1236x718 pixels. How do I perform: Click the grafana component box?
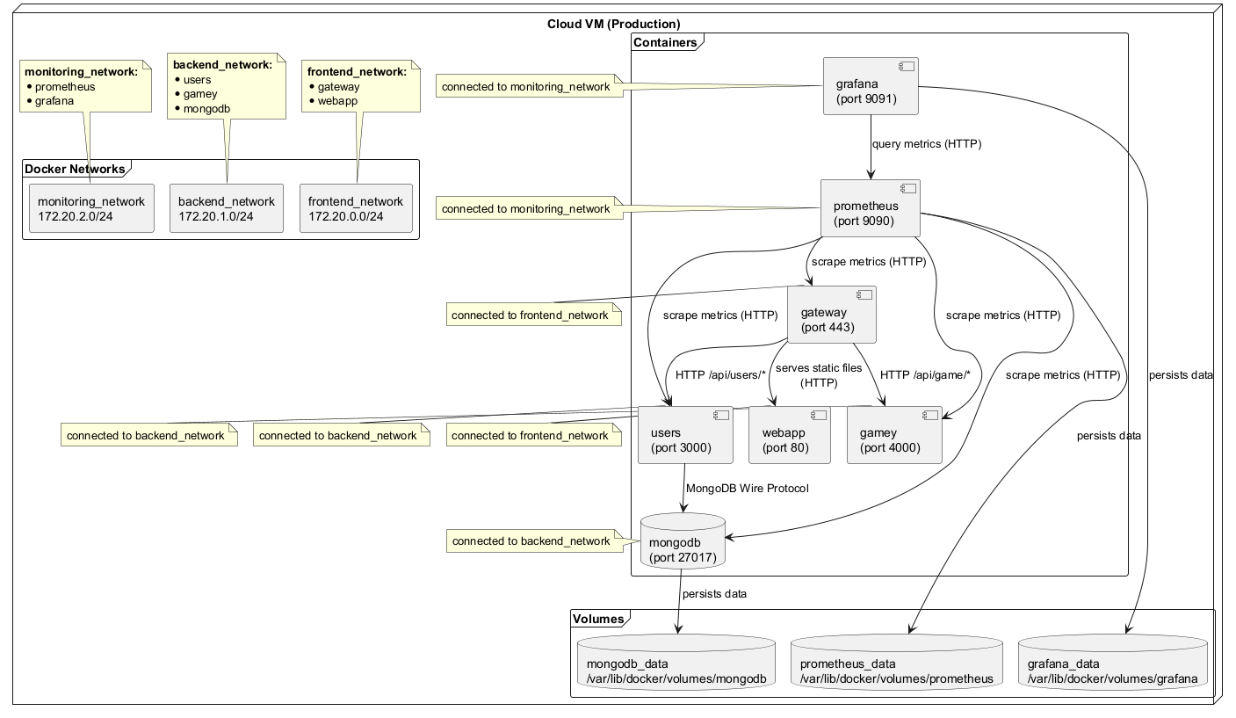tap(871, 86)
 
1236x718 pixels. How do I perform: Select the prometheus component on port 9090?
tap(870, 208)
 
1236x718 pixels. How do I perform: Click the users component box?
tap(686, 435)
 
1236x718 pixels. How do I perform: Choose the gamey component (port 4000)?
tap(894, 435)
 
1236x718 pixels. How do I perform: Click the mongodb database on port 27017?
tap(683, 541)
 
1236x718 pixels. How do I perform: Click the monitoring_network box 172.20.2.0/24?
tap(90, 208)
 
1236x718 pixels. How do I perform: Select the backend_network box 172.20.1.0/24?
tap(227, 208)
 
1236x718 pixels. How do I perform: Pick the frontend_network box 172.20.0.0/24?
tap(355, 208)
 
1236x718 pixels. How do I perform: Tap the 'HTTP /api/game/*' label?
tap(924, 375)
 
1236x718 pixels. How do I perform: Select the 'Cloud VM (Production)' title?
tap(613, 24)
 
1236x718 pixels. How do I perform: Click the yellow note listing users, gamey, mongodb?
tap(227, 87)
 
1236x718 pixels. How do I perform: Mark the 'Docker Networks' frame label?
tap(75, 169)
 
